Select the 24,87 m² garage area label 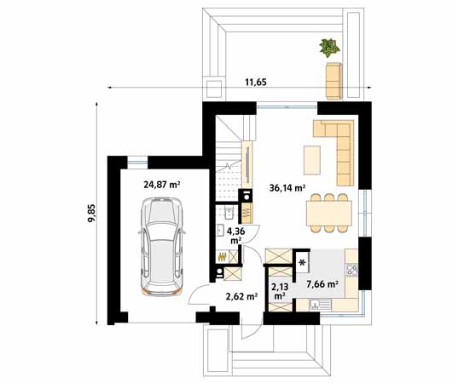[x=161, y=183]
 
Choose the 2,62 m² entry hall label [x=241, y=296]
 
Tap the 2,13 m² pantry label [x=279, y=291]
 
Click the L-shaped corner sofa [x=339, y=148]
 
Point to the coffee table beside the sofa [x=311, y=159]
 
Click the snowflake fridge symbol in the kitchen [x=302, y=262]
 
